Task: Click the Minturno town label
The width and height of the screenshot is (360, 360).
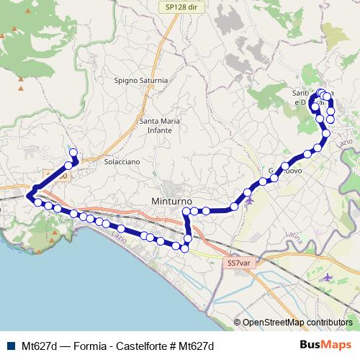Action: (170, 201)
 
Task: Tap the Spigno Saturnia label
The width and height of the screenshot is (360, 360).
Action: (140, 81)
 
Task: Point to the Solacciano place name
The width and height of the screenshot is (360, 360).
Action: (121, 162)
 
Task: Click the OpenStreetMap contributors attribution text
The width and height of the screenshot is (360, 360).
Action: (297, 323)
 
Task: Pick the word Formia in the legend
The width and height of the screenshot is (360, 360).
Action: (84, 346)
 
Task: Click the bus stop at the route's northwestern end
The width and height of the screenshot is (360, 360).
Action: (72, 152)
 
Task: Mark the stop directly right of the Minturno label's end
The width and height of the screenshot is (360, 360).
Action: (186, 211)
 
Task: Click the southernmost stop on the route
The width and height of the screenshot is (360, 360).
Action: (185, 249)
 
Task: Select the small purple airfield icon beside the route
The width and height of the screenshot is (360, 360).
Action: (250, 200)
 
